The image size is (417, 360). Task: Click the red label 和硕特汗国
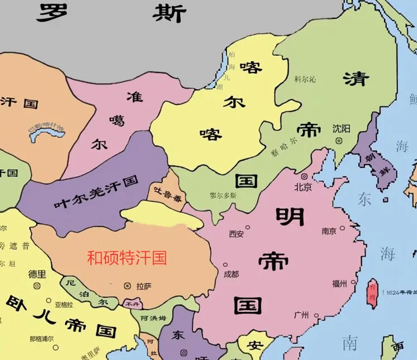pos(127,258)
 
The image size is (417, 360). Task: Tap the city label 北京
pos(303,186)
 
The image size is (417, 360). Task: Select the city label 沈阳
pos(341,128)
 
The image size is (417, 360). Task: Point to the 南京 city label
pos(329,231)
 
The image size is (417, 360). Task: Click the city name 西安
pos(236,234)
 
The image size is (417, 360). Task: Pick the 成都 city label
pos(231,274)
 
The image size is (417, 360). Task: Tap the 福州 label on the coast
pos(339,284)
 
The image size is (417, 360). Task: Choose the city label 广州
pos(301,315)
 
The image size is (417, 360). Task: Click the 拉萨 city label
pos(143,286)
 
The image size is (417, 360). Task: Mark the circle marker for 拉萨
pos(127,286)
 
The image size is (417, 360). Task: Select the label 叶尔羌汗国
pos(96,193)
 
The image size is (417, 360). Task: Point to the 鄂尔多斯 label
pos(223,196)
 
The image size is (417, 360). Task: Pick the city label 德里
pos(37,274)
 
